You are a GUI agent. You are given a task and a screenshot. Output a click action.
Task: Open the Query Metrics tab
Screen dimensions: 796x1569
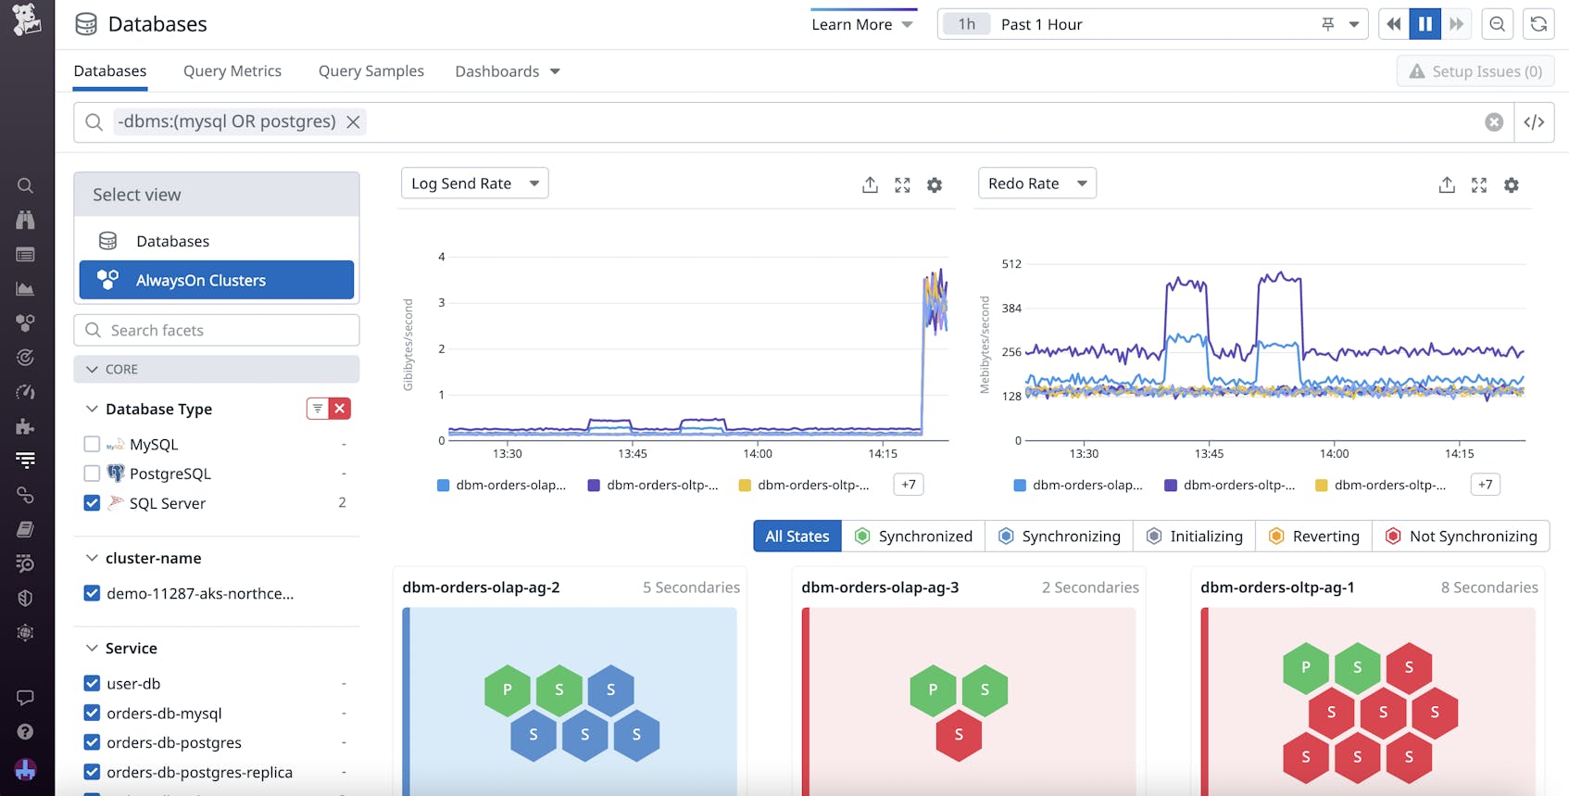tap(232, 71)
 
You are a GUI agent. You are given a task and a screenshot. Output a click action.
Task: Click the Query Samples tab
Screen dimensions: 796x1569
tap(370, 71)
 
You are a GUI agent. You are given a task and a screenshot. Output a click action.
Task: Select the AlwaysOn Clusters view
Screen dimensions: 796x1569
tap(217, 280)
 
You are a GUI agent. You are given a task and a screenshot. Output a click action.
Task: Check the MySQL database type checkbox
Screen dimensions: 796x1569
tap(92, 444)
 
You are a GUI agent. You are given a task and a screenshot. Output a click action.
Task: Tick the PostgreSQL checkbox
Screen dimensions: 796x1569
tap(92, 474)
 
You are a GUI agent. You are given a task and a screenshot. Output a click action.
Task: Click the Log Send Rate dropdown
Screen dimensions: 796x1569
tap(474, 183)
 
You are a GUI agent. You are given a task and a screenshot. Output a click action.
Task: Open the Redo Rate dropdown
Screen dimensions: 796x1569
tap(1036, 183)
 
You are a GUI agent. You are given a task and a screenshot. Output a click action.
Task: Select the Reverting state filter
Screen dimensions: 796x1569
tap(1313, 536)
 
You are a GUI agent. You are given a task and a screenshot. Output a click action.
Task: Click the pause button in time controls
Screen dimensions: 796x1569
tap(1425, 24)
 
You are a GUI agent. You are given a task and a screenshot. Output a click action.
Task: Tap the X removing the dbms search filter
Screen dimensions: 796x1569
tap(353, 122)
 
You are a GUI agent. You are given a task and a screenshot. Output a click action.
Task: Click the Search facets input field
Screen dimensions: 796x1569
tap(217, 330)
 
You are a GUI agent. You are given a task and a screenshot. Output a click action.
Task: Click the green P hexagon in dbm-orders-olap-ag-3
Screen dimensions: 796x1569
tap(933, 689)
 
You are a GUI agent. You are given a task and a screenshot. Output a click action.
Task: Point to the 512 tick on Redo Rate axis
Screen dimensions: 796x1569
tap(1011, 264)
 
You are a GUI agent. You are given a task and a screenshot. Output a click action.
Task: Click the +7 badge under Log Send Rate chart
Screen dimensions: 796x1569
tap(908, 485)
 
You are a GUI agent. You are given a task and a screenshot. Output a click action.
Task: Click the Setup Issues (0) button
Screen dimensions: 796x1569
tap(1475, 71)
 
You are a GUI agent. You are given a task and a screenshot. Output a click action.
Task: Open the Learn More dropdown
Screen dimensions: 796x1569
tap(861, 24)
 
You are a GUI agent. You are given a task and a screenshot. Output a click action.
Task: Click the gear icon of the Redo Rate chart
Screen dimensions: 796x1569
tap(1511, 185)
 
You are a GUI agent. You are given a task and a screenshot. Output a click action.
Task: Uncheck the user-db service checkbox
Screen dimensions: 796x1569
tap(92, 683)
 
